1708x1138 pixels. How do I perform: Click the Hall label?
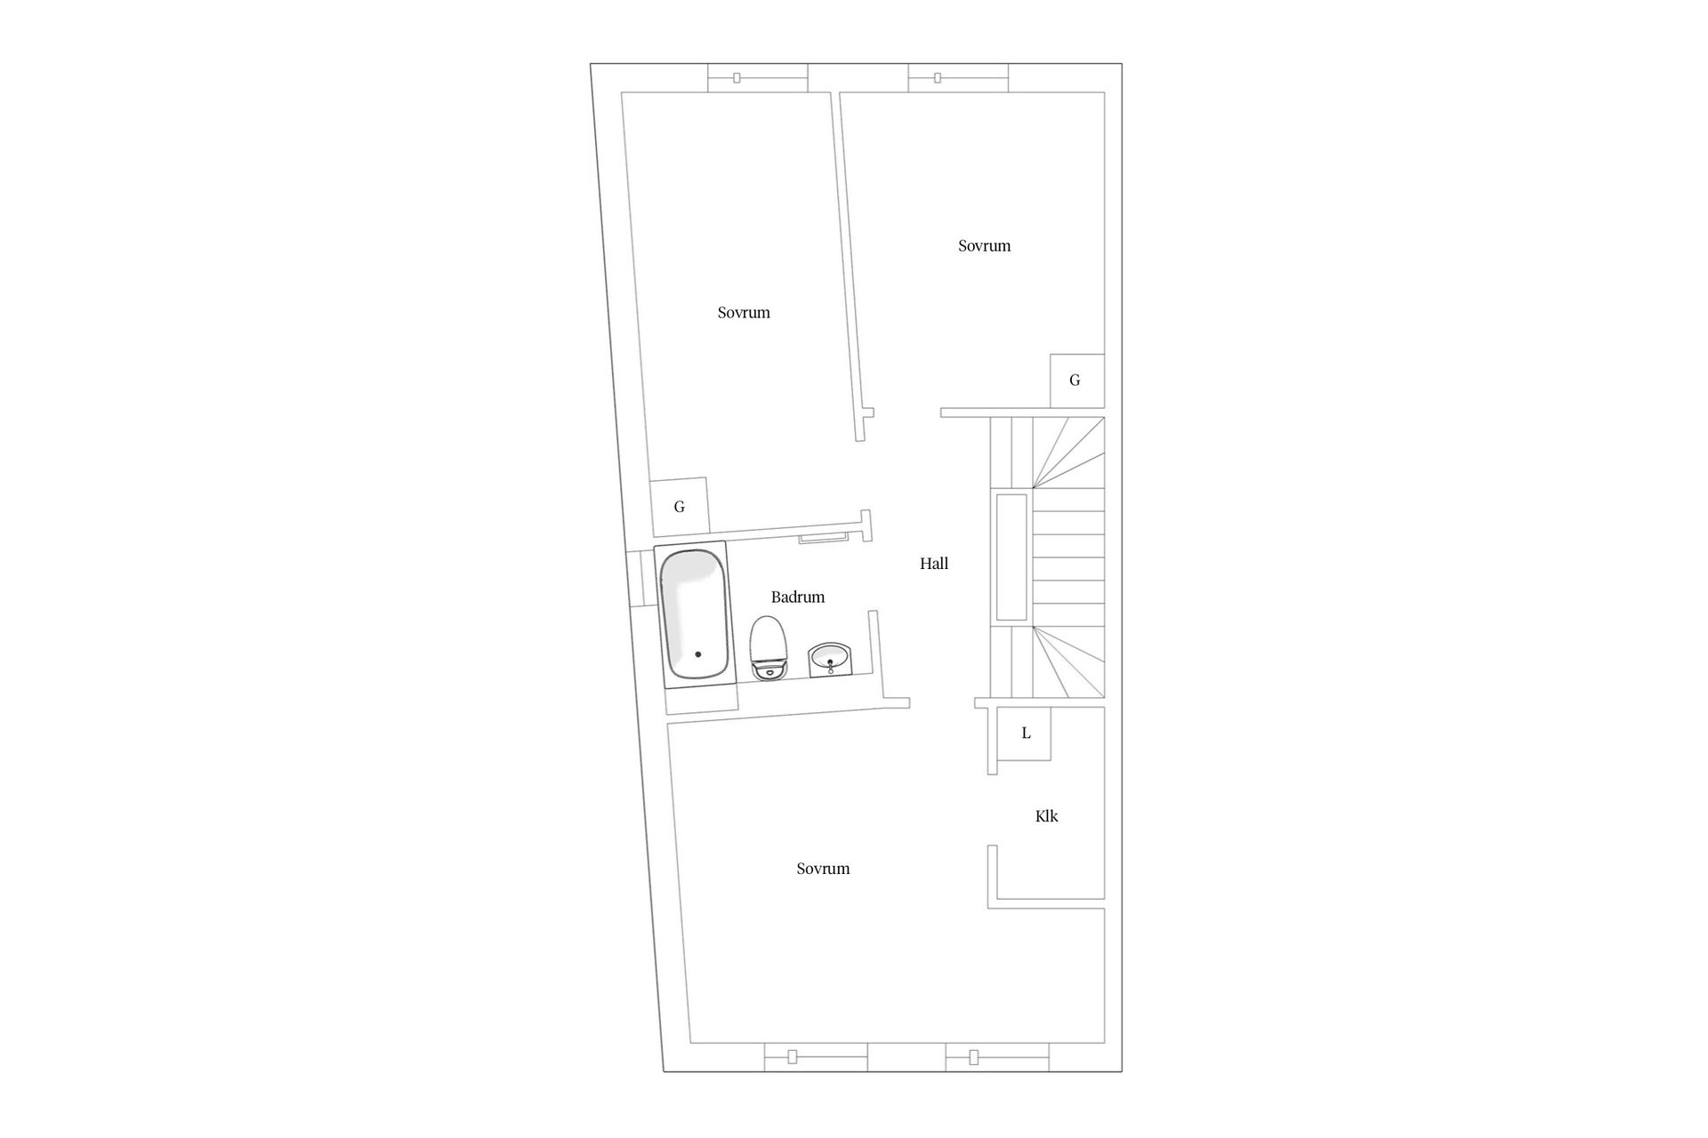(934, 564)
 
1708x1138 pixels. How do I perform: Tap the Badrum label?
(798, 597)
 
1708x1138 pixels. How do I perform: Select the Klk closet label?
(1047, 816)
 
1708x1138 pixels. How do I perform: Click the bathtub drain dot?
(698, 654)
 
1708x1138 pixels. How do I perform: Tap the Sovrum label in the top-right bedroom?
(984, 246)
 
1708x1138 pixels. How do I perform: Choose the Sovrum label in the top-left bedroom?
(744, 313)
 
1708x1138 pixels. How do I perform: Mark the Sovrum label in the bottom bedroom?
(823, 869)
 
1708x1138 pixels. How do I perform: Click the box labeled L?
(1026, 733)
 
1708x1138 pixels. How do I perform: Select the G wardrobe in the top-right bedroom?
(1076, 381)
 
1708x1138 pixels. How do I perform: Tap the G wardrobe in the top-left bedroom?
(679, 507)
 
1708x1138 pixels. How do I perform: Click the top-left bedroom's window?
(758, 78)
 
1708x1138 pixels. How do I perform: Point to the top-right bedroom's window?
(959, 78)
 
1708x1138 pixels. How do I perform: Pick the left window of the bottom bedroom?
(816, 1057)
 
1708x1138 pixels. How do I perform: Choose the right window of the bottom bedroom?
(997, 1057)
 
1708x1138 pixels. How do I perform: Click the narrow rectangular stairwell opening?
(1011, 557)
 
